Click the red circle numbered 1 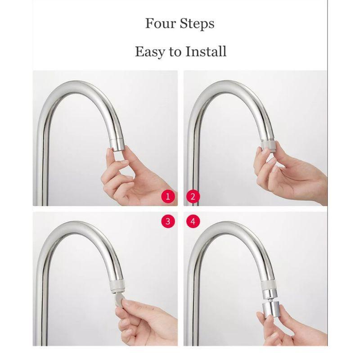pyautogui.click(x=168, y=197)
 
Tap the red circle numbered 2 pyautogui.click(x=193, y=197)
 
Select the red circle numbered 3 pyautogui.click(x=168, y=221)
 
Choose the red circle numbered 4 pyautogui.click(x=193, y=221)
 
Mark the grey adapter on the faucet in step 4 pyautogui.click(x=269, y=284)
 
